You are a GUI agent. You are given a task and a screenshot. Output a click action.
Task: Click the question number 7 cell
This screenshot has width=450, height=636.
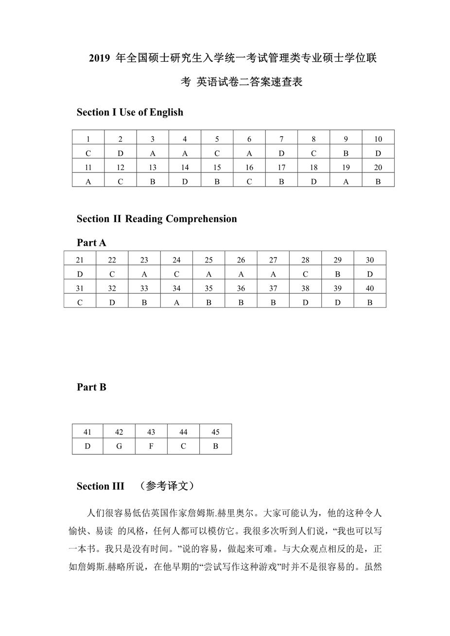click(x=281, y=139)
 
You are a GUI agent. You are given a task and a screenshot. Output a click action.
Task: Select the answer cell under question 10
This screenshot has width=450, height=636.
click(x=378, y=153)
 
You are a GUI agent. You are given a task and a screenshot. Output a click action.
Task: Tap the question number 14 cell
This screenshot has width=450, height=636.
click(x=185, y=167)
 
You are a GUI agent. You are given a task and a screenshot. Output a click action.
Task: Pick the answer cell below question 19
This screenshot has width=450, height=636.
click(x=346, y=181)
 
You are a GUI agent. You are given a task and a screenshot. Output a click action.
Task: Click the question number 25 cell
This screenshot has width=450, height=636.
click(x=208, y=260)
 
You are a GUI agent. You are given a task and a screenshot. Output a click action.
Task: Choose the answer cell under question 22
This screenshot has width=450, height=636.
click(x=112, y=274)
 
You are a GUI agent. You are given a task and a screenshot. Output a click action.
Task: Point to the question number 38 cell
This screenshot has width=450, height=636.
click(x=305, y=288)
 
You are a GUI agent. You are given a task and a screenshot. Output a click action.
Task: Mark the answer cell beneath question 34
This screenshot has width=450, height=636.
click(x=176, y=302)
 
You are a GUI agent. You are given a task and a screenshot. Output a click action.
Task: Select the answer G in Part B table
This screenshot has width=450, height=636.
click(x=119, y=446)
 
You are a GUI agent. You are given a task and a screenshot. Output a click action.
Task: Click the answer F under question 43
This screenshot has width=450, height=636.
click(x=151, y=446)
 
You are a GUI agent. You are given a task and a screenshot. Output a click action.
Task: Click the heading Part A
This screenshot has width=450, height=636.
click(x=91, y=242)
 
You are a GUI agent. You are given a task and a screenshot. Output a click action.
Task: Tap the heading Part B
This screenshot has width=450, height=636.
click(x=91, y=387)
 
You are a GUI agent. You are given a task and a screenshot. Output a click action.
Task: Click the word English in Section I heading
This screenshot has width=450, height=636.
click(x=166, y=112)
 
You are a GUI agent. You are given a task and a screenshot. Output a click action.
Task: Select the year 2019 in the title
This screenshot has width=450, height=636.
click(x=100, y=58)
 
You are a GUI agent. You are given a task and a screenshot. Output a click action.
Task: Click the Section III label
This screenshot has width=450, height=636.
click(x=100, y=486)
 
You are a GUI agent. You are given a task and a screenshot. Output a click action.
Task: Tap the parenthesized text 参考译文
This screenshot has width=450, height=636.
click(x=167, y=486)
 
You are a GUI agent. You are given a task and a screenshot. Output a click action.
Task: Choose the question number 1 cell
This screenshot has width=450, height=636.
click(x=88, y=139)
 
